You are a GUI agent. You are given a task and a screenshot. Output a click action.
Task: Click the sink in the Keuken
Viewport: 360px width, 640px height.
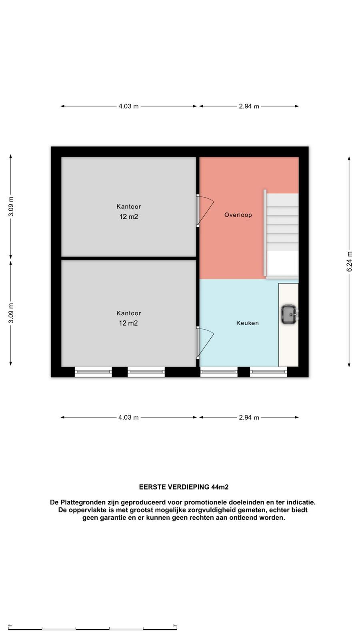[x=290, y=314]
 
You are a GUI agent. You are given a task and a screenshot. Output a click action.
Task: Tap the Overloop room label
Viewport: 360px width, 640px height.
[x=238, y=215]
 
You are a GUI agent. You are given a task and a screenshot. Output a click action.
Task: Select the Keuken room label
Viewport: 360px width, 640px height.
[x=248, y=323]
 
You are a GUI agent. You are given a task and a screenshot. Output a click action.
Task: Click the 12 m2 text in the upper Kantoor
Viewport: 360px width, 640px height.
[x=129, y=216]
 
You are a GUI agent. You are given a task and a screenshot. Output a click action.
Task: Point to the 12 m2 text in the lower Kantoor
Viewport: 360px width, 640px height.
[x=128, y=323]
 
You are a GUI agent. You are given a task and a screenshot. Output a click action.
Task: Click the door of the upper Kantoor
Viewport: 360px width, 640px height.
[x=205, y=210]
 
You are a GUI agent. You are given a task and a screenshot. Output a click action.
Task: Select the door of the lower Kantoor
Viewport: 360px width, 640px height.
[x=205, y=343]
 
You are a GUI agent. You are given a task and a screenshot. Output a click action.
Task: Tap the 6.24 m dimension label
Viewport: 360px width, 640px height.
[x=349, y=262]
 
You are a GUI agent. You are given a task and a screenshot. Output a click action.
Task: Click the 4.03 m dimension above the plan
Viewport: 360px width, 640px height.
[x=128, y=106]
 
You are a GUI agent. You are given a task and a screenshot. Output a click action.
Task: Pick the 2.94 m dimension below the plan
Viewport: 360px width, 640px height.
[x=249, y=418]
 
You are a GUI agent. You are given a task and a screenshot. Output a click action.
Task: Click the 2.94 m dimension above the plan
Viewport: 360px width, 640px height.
[x=249, y=106]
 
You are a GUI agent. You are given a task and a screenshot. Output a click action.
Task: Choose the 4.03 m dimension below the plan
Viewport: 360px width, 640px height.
[x=128, y=418]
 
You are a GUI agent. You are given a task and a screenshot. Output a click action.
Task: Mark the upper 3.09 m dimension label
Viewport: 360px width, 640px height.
[x=11, y=206]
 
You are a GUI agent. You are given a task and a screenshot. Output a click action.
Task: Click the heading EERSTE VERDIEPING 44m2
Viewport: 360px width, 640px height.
[x=184, y=487]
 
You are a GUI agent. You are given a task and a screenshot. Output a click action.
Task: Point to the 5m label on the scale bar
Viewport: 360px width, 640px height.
[x=175, y=626]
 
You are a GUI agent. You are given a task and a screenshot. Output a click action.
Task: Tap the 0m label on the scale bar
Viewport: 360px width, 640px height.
[x=10, y=626]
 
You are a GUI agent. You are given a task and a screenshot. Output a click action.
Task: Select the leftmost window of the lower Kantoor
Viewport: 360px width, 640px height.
[x=93, y=372]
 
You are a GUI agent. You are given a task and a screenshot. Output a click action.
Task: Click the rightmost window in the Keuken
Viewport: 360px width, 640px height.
[x=268, y=372]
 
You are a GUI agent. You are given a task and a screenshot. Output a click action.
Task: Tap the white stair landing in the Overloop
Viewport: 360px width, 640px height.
[x=282, y=263]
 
